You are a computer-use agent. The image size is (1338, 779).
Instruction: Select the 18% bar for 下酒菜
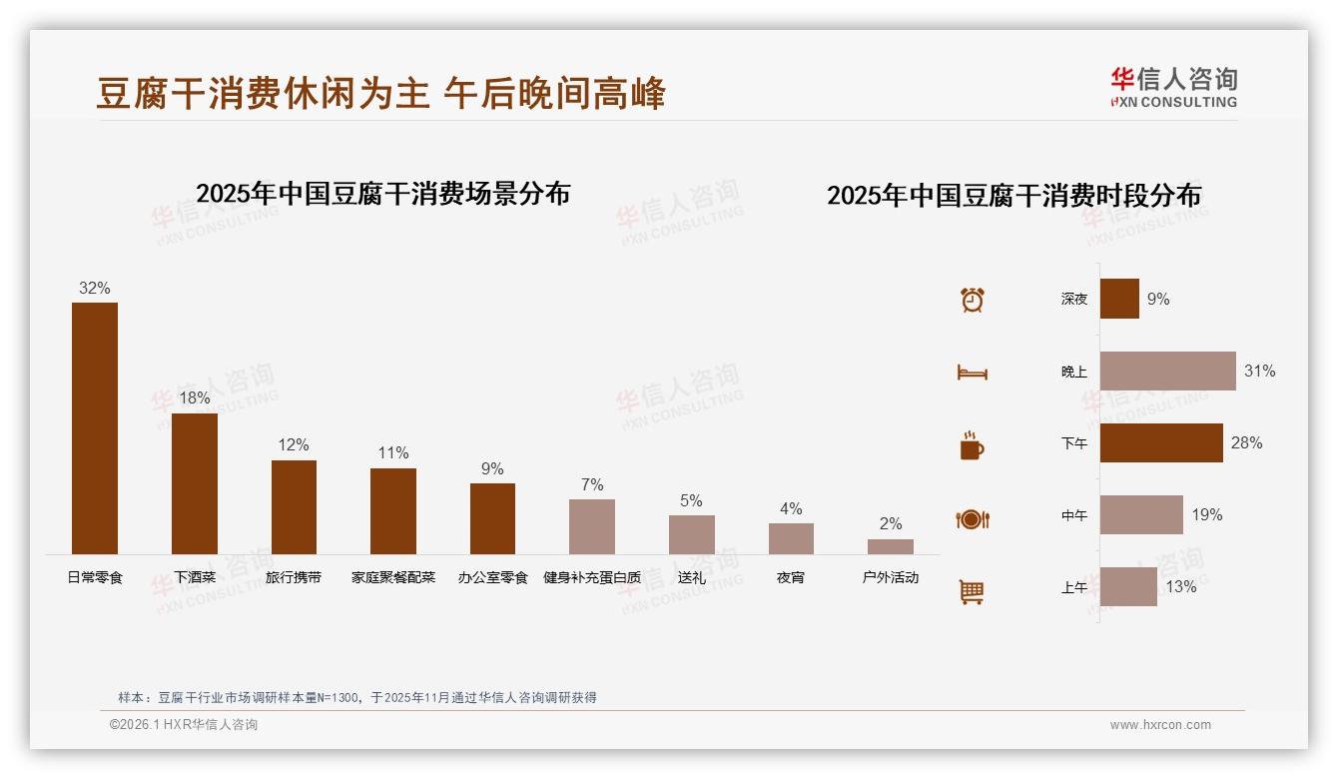(x=195, y=483)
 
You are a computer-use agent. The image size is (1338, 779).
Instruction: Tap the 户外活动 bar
(x=891, y=546)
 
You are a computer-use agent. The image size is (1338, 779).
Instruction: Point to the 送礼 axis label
(x=691, y=577)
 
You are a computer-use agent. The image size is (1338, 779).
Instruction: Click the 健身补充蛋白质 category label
(x=592, y=577)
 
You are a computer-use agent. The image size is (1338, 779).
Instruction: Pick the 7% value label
(x=592, y=484)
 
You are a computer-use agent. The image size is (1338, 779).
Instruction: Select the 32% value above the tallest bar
(x=95, y=288)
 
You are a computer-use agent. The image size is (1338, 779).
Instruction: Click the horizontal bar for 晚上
(x=1167, y=371)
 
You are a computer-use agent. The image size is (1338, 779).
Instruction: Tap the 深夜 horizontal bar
(x=1119, y=299)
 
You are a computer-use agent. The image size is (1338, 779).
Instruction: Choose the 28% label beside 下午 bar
(x=1246, y=442)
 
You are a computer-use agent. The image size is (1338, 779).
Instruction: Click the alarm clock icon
(x=973, y=300)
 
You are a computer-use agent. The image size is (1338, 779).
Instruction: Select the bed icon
(x=973, y=373)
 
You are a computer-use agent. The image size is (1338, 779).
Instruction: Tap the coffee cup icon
(x=972, y=445)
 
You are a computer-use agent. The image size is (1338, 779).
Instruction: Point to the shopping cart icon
(x=972, y=591)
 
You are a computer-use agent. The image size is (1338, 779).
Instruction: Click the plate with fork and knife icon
(x=973, y=519)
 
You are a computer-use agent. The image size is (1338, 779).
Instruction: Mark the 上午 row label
(x=1074, y=587)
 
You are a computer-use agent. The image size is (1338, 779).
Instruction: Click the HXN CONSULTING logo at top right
(x=1173, y=87)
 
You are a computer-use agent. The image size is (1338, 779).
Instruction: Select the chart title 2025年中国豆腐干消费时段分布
(x=1013, y=195)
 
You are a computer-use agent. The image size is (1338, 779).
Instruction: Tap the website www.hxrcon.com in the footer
(x=1160, y=725)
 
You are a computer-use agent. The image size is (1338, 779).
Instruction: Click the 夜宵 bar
(x=791, y=538)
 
